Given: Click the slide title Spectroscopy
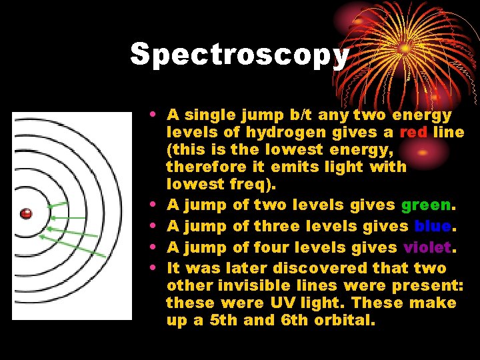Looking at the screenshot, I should tap(239, 55).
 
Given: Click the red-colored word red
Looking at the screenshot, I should tap(413, 133).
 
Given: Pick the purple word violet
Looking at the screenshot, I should tap(425, 247).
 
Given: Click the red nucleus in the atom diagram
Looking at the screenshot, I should tap(26, 214).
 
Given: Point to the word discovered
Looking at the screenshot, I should tap(323, 268).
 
